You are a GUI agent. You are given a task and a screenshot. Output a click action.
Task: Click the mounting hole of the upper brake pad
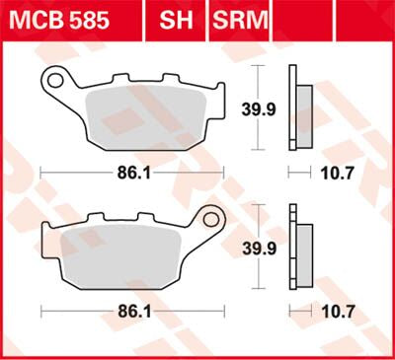coord(57,78)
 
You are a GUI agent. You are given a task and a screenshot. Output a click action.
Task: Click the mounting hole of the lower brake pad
coord(208,216)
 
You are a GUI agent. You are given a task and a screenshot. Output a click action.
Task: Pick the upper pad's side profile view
coord(299,107)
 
